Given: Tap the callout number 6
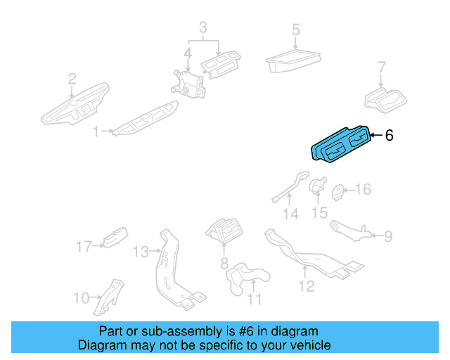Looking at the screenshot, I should point(389,135).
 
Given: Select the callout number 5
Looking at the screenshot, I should point(296,30).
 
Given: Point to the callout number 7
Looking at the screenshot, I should point(382,68).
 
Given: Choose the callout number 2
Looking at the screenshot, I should point(72,79).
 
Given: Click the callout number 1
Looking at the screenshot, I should point(96,131).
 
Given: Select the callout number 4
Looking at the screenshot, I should point(188,53).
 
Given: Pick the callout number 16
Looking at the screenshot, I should point(362,190).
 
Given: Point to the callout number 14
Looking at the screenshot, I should point(291,214).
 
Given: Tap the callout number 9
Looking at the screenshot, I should point(388,236).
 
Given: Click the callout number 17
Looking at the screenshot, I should point(84,246).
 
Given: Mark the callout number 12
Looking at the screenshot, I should point(306,286).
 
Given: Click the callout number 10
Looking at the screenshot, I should point(81,297).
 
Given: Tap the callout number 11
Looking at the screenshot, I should point(254,300).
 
